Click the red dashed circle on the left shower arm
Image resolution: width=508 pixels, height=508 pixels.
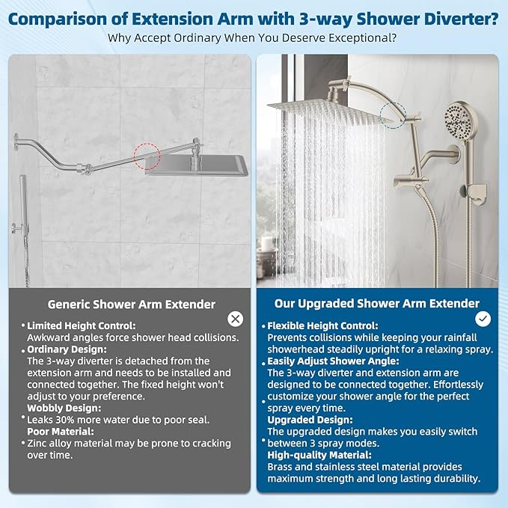pyautogui.click(x=147, y=158)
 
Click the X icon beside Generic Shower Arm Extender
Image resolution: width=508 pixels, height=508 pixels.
pyautogui.click(x=236, y=319)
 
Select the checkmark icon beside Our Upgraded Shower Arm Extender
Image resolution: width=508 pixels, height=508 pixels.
pyautogui.click(x=483, y=319)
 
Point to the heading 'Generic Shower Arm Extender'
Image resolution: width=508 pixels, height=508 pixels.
pyautogui.click(x=132, y=305)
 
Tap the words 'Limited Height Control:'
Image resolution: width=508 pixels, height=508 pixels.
pyautogui.click(x=82, y=326)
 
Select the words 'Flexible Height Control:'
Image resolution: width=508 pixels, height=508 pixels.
pyautogui.click(x=322, y=326)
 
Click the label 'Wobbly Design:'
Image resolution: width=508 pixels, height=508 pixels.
pyautogui.click(x=64, y=408)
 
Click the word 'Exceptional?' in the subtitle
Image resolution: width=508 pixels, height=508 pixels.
pyautogui.click(x=363, y=38)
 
